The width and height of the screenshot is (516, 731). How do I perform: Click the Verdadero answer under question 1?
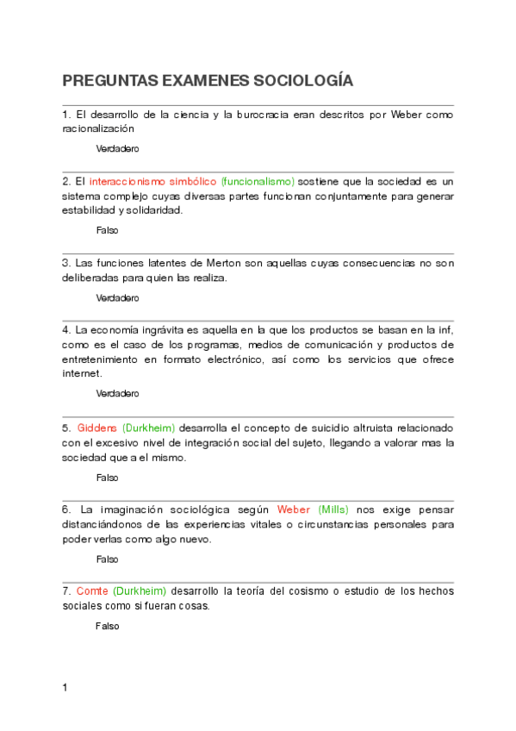[117, 148]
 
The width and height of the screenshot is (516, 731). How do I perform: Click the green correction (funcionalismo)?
[258, 182]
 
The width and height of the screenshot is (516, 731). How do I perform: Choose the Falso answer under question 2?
[107, 230]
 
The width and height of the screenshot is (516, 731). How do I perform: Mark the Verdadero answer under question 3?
[117, 297]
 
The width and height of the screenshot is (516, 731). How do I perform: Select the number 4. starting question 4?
[67, 330]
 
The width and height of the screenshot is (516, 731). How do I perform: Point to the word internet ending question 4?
[82, 373]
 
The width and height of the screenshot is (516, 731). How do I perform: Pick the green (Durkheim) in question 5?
[148, 428]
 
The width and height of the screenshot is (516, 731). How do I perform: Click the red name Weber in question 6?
[294, 510]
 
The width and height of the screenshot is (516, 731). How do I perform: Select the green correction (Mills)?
[333, 510]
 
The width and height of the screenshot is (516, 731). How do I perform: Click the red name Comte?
[92, 591]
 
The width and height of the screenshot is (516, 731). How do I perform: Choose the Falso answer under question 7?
[107, 626]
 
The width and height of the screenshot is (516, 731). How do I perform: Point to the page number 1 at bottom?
[65, 688]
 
